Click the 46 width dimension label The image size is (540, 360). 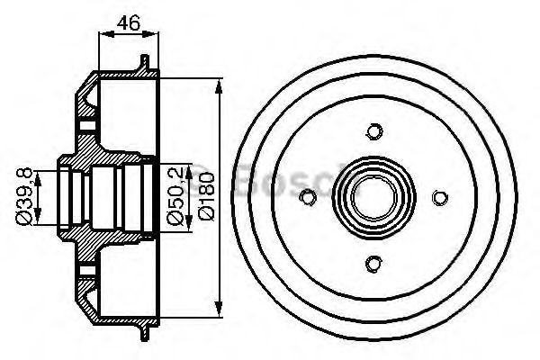[x=127, y=22]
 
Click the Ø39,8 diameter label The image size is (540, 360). [x=26, y=195]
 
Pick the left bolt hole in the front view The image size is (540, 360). [x=309, y=197]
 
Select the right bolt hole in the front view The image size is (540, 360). [x=438, y=197]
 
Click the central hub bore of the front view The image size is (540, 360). [x=373, y=196]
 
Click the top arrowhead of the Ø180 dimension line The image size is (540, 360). [x=220, y=83]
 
